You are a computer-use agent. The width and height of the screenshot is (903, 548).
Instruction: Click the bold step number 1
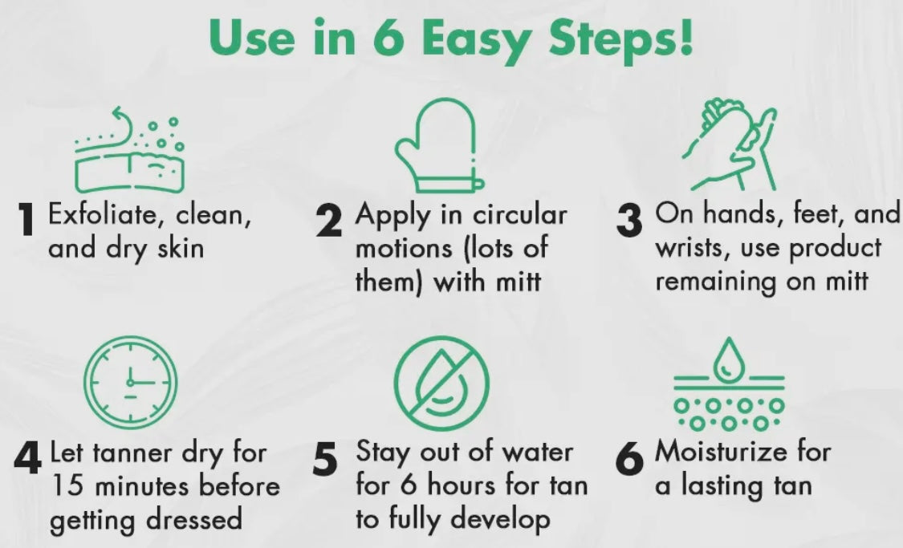26,219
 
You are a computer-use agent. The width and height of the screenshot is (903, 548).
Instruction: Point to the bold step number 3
628,221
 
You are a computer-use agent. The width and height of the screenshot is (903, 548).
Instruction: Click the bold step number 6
628,459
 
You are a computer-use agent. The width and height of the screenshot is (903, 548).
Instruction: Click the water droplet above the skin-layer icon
729,359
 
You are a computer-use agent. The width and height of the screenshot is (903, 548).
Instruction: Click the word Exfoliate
102,214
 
